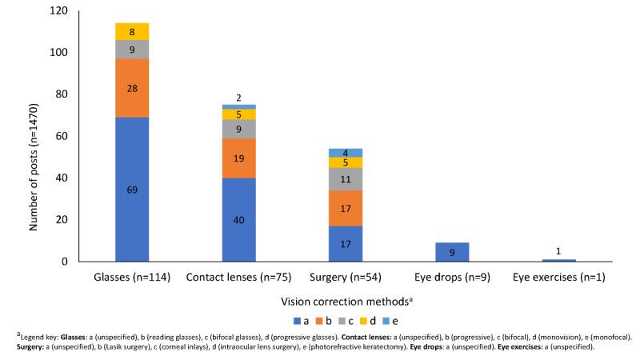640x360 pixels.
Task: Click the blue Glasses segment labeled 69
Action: pos(132,190)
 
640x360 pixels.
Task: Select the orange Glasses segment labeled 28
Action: pos(132,88)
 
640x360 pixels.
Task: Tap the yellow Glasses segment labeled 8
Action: pos(132,31)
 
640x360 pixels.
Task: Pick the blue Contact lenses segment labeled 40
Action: pos(239,220)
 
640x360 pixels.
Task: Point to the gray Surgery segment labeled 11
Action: pos(346,179)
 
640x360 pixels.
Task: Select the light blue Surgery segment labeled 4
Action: pos(346,153)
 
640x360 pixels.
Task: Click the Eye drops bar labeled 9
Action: pos(452,252)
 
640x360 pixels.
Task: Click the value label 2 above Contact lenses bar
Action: pos(239,98)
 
